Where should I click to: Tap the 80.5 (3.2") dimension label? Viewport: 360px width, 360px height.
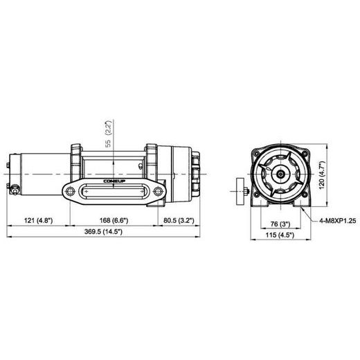click(179, 220)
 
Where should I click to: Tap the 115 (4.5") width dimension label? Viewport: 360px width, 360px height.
click(281, 235)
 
